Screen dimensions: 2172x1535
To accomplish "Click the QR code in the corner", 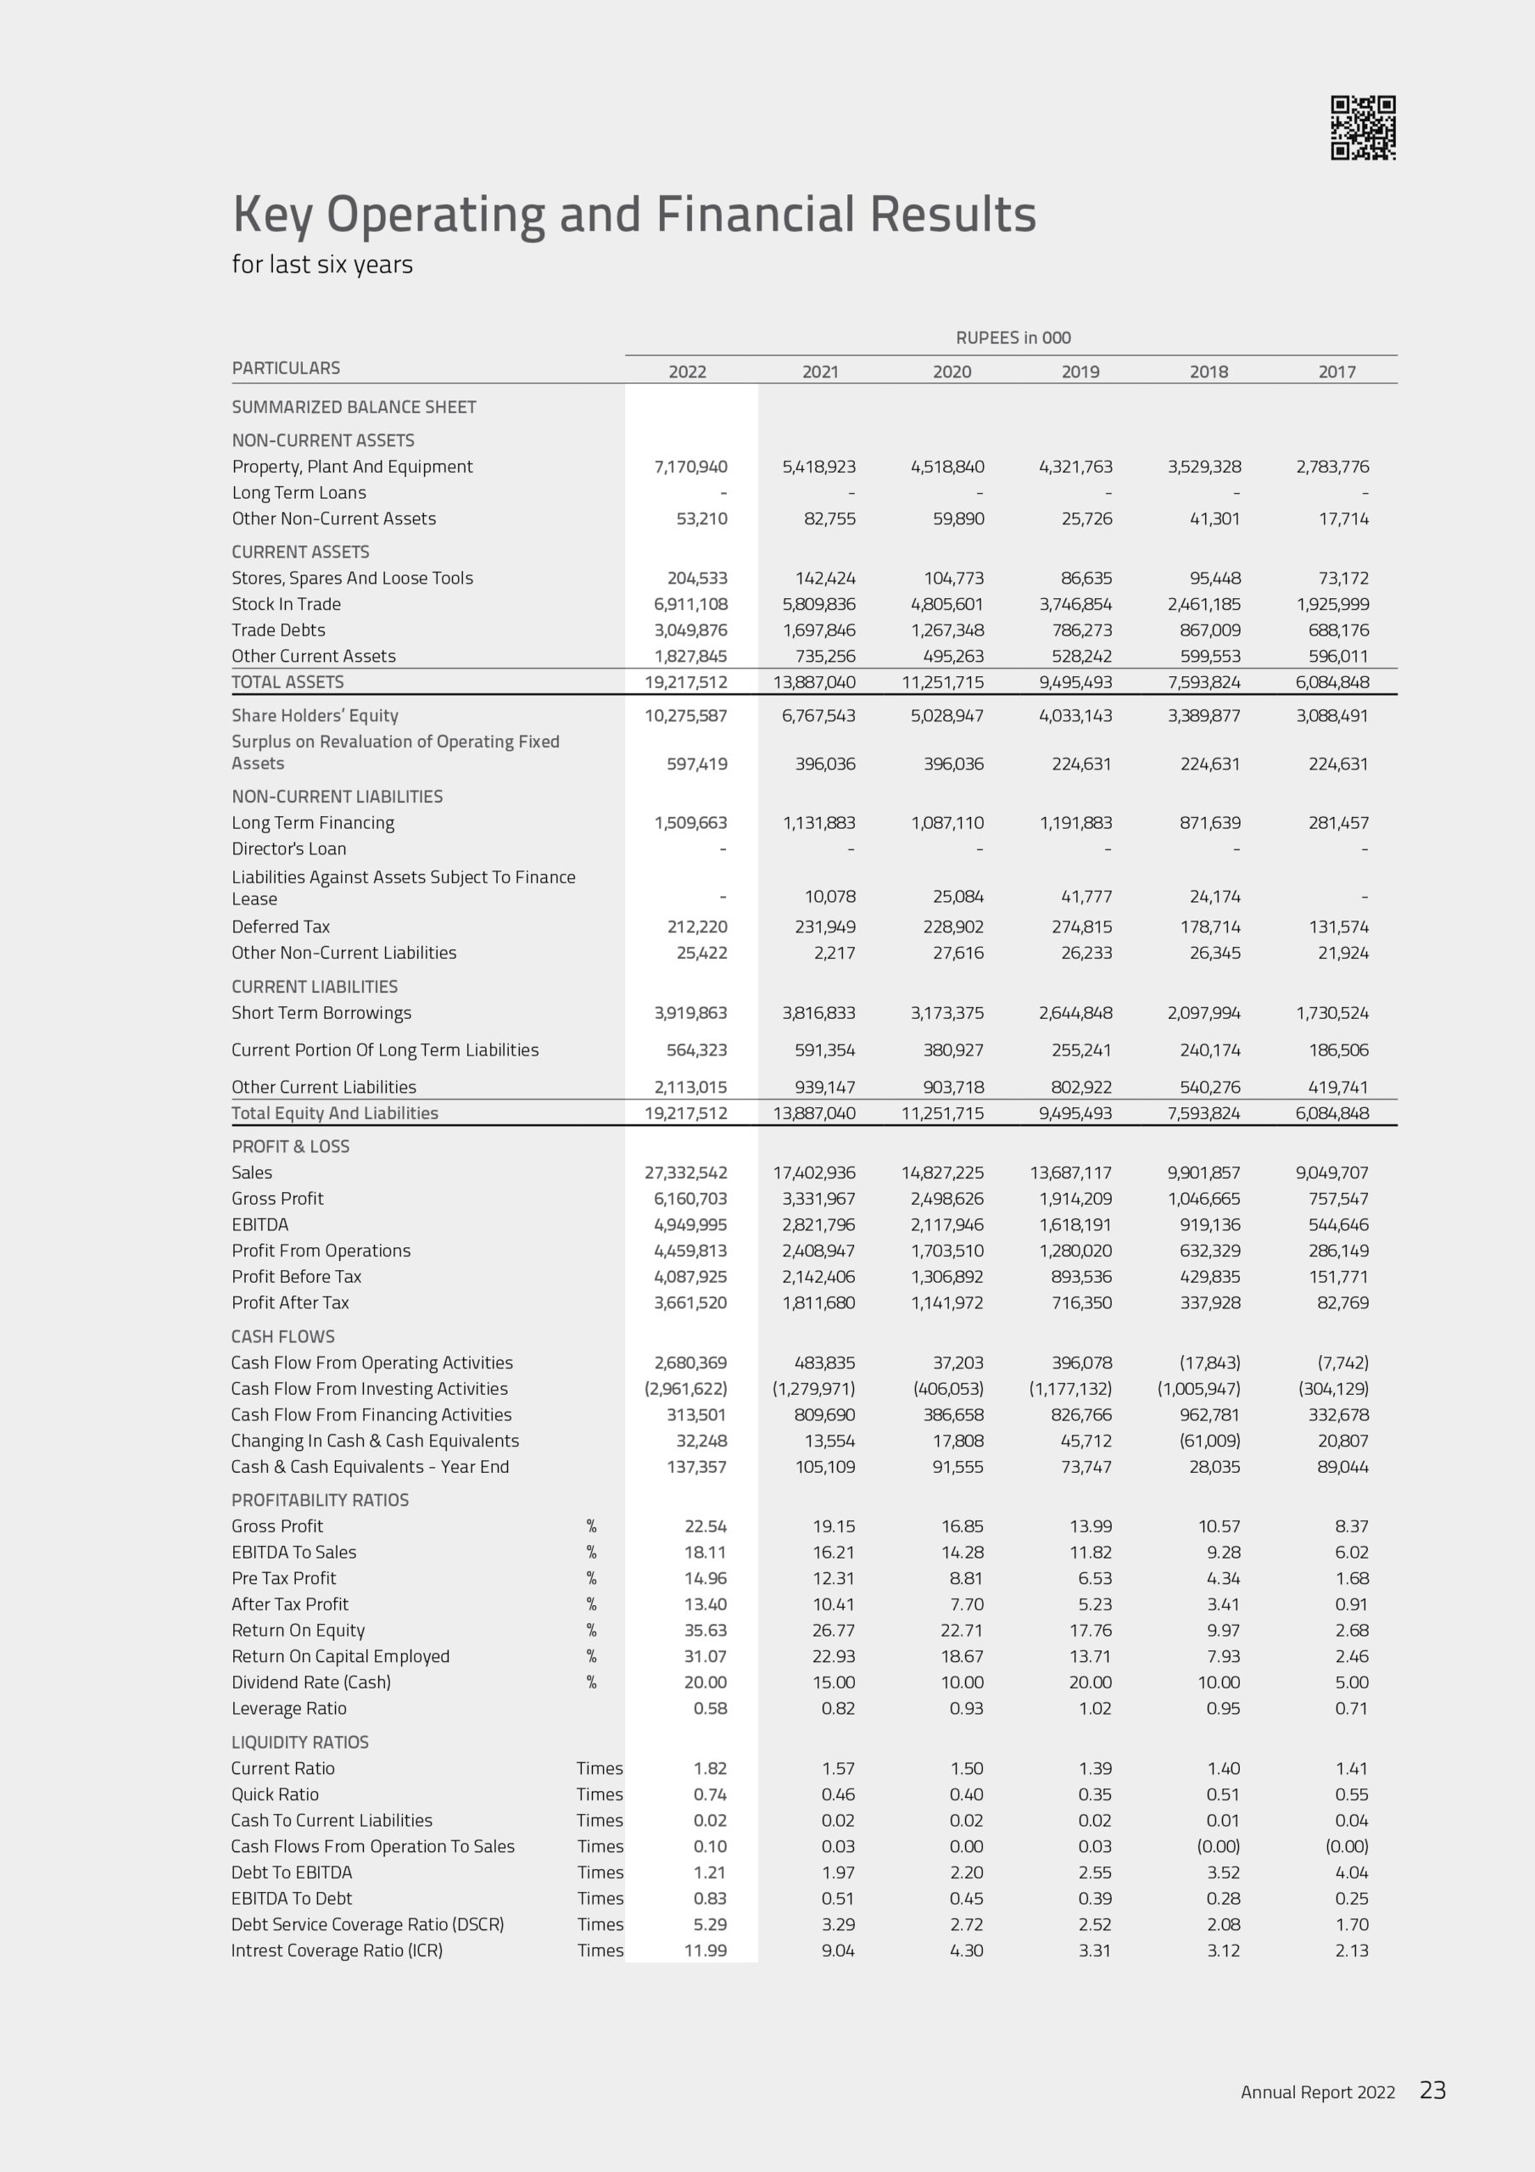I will (x=1363, y=128).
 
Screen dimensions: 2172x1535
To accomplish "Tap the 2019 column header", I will (x=1080, y=372).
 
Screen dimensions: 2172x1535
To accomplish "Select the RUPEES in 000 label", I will (x=1013, y=338).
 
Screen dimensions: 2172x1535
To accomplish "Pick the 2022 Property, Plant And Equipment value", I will (x=690, y=467).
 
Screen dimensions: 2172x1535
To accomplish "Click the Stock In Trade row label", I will (x=286, y=603).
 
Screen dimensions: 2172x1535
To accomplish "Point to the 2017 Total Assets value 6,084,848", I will (x=1331, y=682).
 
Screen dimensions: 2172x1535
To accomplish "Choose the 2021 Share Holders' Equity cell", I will (x=818, y=716).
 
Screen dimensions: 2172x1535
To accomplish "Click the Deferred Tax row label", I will (x=280, y=927).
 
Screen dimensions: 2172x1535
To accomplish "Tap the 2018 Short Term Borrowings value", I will (x=1203, y=1013).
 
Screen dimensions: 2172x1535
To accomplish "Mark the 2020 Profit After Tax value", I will (x=946, y=1302).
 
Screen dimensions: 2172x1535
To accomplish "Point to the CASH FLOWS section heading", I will (x=282, y=1336).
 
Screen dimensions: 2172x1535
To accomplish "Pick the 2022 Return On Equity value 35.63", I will (x=706, y=1630).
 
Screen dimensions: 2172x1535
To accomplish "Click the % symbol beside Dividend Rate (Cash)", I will (x=591, y=1682).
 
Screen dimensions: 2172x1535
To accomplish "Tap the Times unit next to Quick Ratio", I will (x=600, y=1794).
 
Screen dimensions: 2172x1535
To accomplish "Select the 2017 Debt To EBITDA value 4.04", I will (x=1352, y=1873).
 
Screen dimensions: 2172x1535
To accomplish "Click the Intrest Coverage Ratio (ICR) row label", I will (x=337, y=1950).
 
